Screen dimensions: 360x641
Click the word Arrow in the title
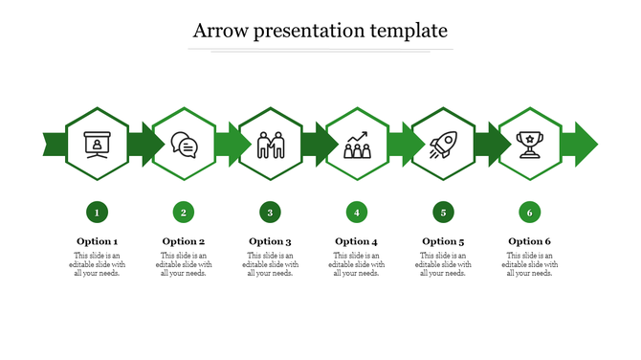(216, 31)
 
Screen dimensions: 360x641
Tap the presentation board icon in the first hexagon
(97, 145)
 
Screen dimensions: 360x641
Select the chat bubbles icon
(184, 145)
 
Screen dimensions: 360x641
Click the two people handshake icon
(270, 145)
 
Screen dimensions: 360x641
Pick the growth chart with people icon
(356, 145)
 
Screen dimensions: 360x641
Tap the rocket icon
(442, 145)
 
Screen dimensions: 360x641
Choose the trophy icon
(529, 145)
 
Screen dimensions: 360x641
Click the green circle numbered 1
(97, 212)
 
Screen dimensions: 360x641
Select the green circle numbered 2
(184, 212)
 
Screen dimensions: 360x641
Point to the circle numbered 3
(270, 212)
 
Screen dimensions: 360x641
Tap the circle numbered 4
(356, 212)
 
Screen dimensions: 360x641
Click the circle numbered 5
(442, 212)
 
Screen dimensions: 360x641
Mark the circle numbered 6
(529, 212)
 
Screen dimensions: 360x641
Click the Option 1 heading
(97, 241)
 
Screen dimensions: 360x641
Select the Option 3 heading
(270, 241)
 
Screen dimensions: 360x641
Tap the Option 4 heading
(356, 241)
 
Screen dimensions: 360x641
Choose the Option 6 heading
(529, 241)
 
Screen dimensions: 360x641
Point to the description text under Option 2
(184, 264)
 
